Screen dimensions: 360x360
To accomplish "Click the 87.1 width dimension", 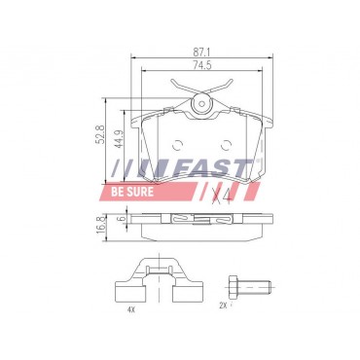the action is tap(201, 52).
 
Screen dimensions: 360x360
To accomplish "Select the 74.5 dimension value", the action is tap(202, 65).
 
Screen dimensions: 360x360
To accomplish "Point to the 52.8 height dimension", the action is tap(100, 134).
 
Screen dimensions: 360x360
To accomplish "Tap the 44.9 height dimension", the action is tap(119, 139).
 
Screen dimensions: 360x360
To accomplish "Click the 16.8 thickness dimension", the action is tap(100, 223).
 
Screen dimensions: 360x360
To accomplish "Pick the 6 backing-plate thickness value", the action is tap(123, 218).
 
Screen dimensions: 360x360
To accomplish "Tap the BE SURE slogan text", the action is tap(132, 192).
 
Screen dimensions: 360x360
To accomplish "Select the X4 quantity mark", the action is tap(222, 196).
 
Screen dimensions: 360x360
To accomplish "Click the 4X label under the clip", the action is tap(130, 309).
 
